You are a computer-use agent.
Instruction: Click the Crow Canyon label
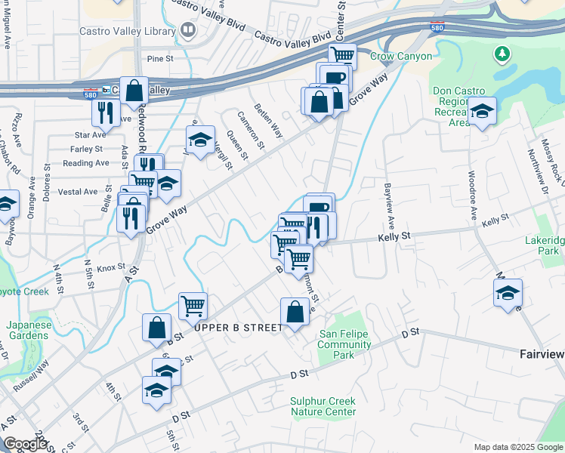[401, 57]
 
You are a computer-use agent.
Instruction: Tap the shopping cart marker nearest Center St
[342, 55]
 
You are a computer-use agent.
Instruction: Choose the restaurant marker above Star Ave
[105, 113]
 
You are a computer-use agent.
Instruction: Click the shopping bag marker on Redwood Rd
[134, 91]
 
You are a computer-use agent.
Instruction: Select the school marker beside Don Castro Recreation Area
[481, 112]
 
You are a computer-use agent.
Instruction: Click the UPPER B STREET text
[237, 328]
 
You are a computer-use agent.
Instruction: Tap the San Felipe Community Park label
[345, 344]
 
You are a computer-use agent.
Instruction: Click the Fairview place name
[542, 353]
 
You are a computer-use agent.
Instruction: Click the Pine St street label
[160, 58]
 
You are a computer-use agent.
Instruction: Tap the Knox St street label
[110, 267]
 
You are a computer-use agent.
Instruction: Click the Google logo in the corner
[25, 444]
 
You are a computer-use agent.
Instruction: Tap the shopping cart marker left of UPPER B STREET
[193, 306]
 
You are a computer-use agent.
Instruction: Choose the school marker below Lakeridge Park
[508, 292]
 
